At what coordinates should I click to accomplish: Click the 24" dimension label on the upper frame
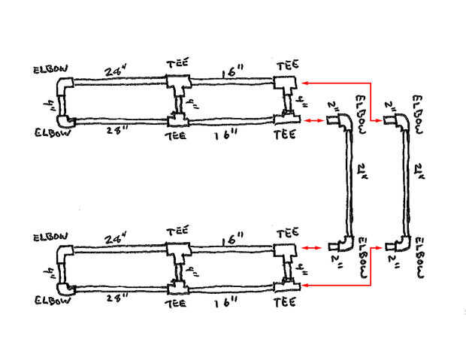pyautogui.click(x=115, y=72)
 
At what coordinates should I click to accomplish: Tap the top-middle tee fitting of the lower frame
pyautogui.click(x=179, y=251)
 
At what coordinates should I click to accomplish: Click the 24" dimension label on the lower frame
pyautogui.click(x=115, y=239)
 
